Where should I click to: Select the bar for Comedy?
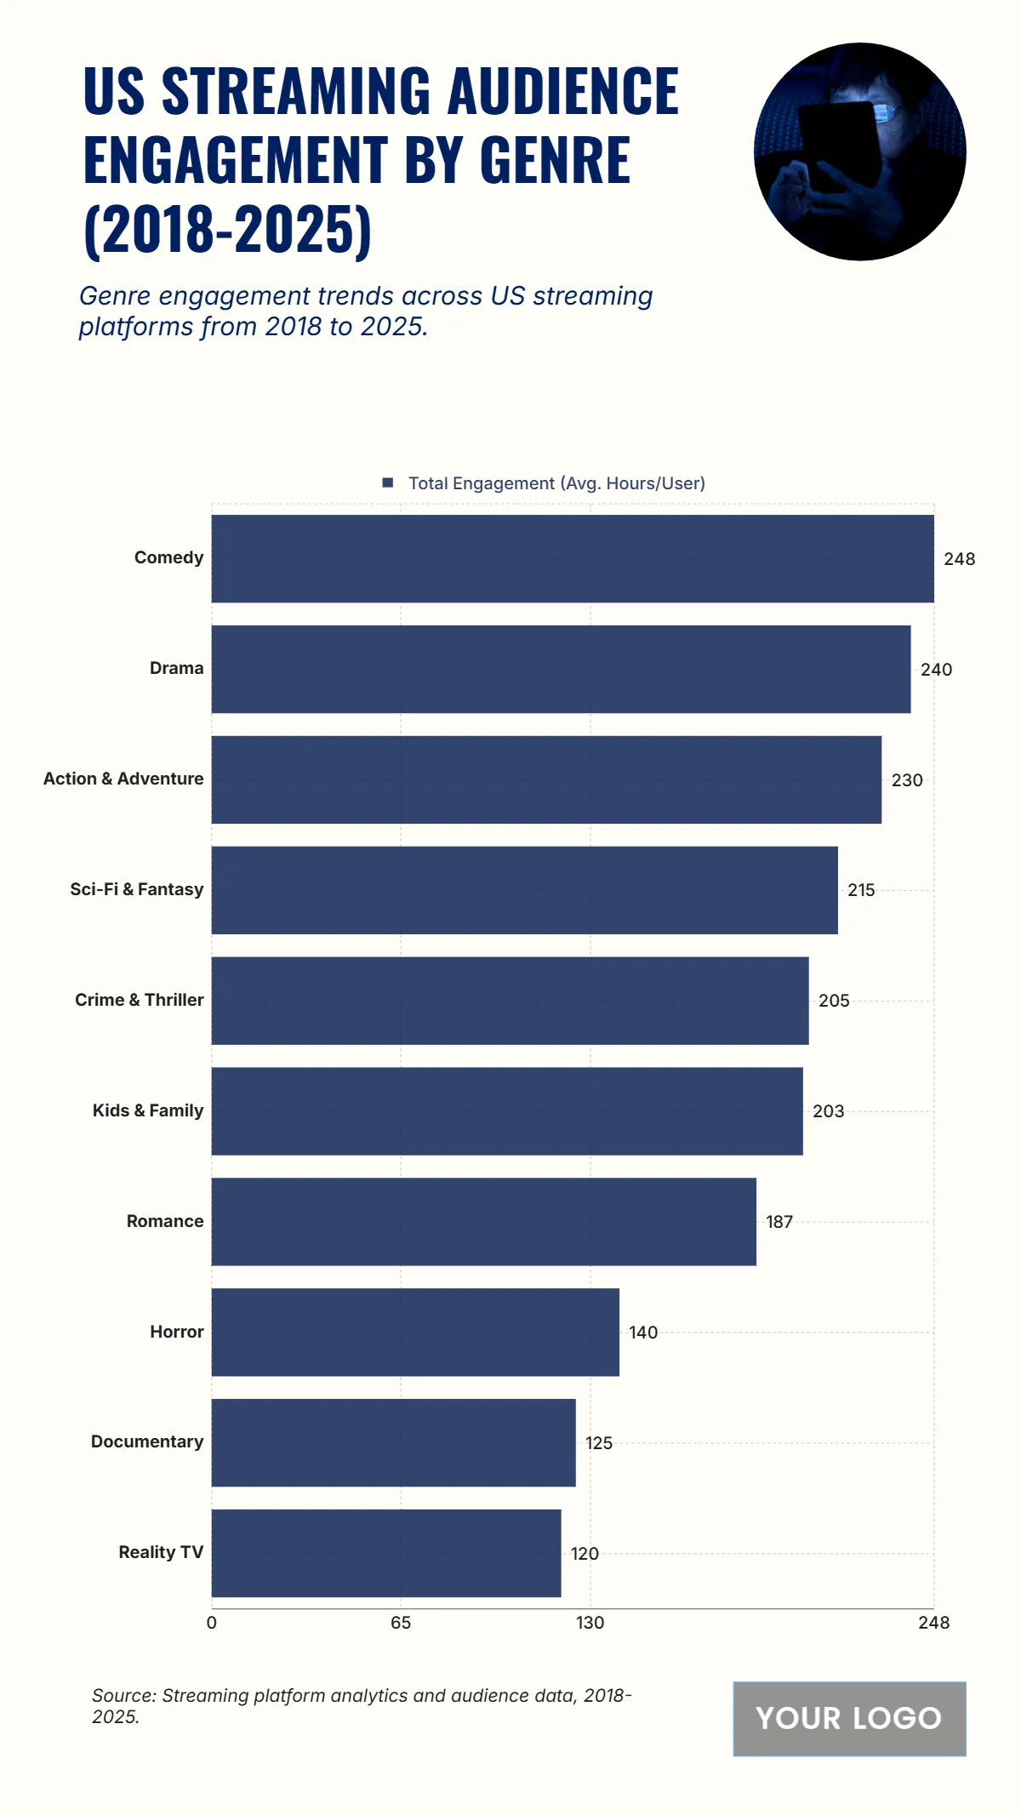click(572, 558)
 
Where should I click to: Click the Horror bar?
click(415, 1332)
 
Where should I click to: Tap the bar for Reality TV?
click(386, 1553)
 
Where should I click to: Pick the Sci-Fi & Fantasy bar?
click(524, 890)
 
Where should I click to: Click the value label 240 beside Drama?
click(936, 670)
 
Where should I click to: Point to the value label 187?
click(779, 1222)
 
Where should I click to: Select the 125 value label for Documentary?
click(598, 1443)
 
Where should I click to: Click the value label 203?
click(828, 1111)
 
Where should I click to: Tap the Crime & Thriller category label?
click(140, 1000)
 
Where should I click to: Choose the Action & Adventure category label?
click(123, 779)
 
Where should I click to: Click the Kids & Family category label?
click(148, 1110)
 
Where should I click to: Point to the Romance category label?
click(165, 1221)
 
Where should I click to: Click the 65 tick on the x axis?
click(401, 1623)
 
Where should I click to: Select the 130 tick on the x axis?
click(590, 1623)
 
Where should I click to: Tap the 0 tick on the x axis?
click(212, 1623)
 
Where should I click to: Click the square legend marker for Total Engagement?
click(388, 482)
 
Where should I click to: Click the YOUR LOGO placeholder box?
click(849, 1718)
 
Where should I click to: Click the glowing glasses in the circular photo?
click(885, 112)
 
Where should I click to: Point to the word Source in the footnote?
click(123, 1695)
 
